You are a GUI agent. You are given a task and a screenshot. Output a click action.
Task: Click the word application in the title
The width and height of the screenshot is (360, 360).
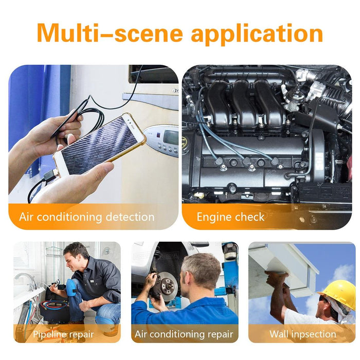(257, 33)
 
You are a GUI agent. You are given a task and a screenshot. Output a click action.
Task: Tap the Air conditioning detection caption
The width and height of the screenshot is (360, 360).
(86, 217)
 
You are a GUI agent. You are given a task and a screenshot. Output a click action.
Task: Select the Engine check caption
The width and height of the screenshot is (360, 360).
(230, 217)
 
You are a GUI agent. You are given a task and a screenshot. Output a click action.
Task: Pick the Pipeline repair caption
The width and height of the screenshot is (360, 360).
(63, 334)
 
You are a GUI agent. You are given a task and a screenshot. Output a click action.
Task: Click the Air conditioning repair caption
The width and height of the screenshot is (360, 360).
(184, 334)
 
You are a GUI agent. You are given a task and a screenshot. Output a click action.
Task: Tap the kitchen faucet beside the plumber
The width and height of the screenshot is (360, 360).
(28, 280)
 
